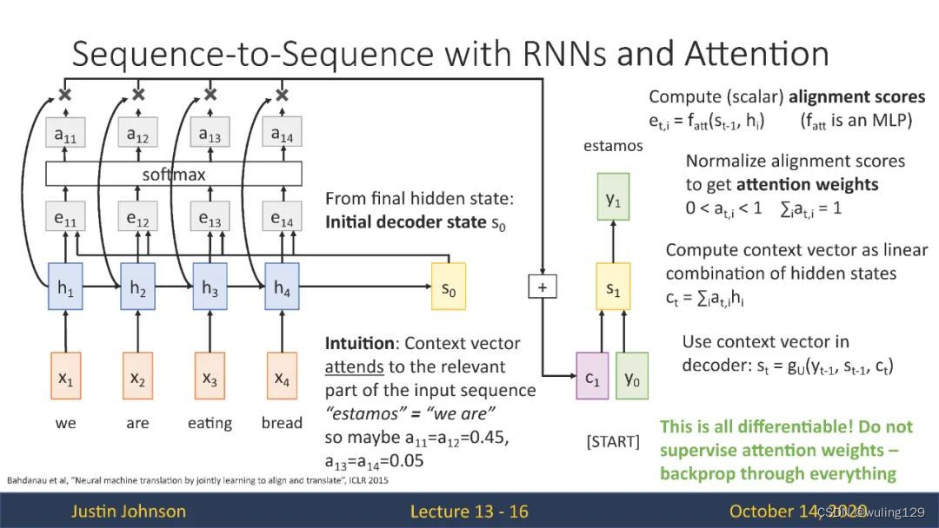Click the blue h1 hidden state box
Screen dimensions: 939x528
click(x=65, y=287)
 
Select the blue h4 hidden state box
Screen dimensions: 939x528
click(x=282, y=287)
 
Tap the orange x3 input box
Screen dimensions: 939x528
click(x=210, y=375)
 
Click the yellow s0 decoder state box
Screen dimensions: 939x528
click(x=449, y=287)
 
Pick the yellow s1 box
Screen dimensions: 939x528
click(x=613, y=287)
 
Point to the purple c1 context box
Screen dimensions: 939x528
click(x=592, y=375)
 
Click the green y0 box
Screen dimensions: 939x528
click(x=632, y=375)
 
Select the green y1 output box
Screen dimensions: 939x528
click(x=613, y=197)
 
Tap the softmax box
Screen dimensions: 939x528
click(x=174, y=174)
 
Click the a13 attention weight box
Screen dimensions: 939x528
click(x=210, y=132)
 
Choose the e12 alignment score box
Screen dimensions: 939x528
click(x=137, y=216)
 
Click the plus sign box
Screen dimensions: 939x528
click(x=543, y=287)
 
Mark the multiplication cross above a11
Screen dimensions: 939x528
click(x=65, y=94)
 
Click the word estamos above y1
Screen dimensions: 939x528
click(x=613, y=145)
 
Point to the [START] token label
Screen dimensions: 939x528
click(x=613, y=441)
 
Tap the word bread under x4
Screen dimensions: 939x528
click(x=282, y=423)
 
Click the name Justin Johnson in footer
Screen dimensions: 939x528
click(x=129, y=511)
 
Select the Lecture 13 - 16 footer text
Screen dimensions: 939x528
click(x=469, y=511)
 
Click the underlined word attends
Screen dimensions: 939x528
click(x=354, y=366)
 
